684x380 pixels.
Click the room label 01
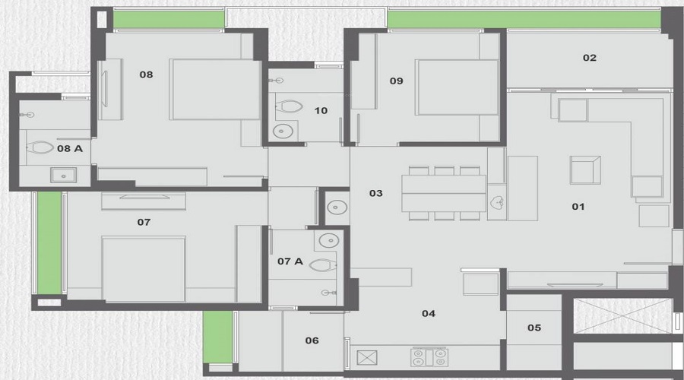pyautogui.click(x=578, y=206)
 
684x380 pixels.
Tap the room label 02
pyautogui.click(x=590, y=58)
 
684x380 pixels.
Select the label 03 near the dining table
pyautogui.click(x=375, y=194)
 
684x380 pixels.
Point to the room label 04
pyautogui.click(x=429, y=313)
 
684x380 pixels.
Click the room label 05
pyautogui.click(x=534, y=328)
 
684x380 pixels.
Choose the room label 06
pyautogui.click(x=312, y=340)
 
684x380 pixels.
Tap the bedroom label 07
pyautogui.click(x=144, y=222)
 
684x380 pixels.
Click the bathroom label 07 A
pyautogui.click(x=290, y=261)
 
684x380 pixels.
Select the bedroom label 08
pyautogui.click(x=147, y=74)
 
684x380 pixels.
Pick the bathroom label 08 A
pyautogui.click(x=69, y=149)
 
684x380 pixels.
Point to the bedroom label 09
pyautogui.click(x=396, y=81)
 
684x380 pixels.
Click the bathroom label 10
pyautogui.click(x=321, y=111)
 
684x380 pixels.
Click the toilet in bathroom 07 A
pyautogui.click(x=322, y=265)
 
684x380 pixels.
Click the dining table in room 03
pyautogui.click(x=443, y=194)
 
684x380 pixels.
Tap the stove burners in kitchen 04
pyautogui.click(x=429, y=356)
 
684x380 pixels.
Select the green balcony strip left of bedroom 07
pyautogui.click(x=49, y=242)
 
